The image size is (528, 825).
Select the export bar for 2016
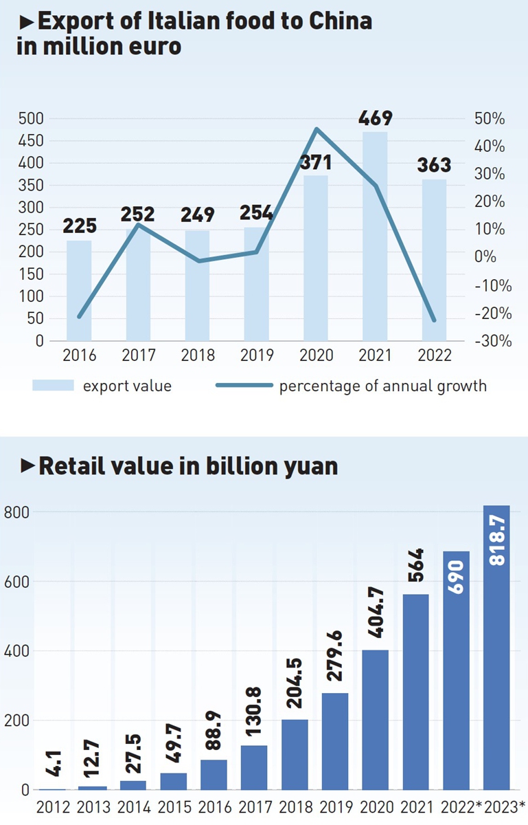[x=79, y=289]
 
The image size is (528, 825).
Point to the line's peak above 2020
[x=316, y=129]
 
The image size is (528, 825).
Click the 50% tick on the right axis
[x=490, y=119]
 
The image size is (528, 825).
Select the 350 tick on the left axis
[x=30, y=186]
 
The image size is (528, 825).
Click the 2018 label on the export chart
[x=197, y=355]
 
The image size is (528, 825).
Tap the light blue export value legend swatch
[x=52, y=386]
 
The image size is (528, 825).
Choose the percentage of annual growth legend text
[x=382, y=386]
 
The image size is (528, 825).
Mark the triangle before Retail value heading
[x=28, y=466]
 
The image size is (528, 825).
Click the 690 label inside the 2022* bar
[x=457, y=577]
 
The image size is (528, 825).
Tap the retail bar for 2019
[x=335, y=741]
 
